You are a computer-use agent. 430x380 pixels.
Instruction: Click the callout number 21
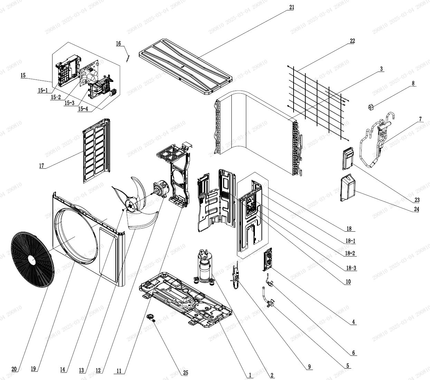[292, 7]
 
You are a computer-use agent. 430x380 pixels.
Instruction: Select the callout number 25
[185, 372]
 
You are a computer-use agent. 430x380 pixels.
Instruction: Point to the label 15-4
[83, 109]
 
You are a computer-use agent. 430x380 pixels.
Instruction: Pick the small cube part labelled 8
[371, 107]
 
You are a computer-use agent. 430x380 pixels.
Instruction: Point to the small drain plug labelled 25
[151, 317]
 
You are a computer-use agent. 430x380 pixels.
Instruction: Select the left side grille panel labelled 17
[96, 151]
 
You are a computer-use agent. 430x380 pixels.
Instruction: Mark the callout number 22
[352, 41]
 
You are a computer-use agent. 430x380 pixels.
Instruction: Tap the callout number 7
[420, 119]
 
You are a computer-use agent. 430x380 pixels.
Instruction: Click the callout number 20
[14, 369]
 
